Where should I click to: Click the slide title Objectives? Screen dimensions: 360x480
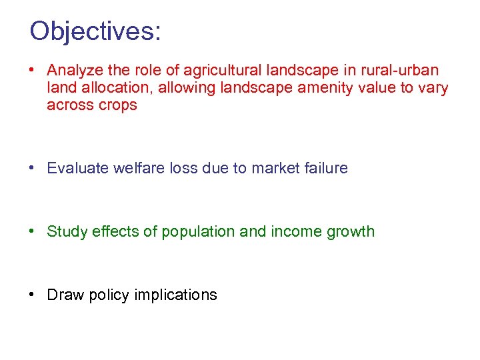coord(95,31)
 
